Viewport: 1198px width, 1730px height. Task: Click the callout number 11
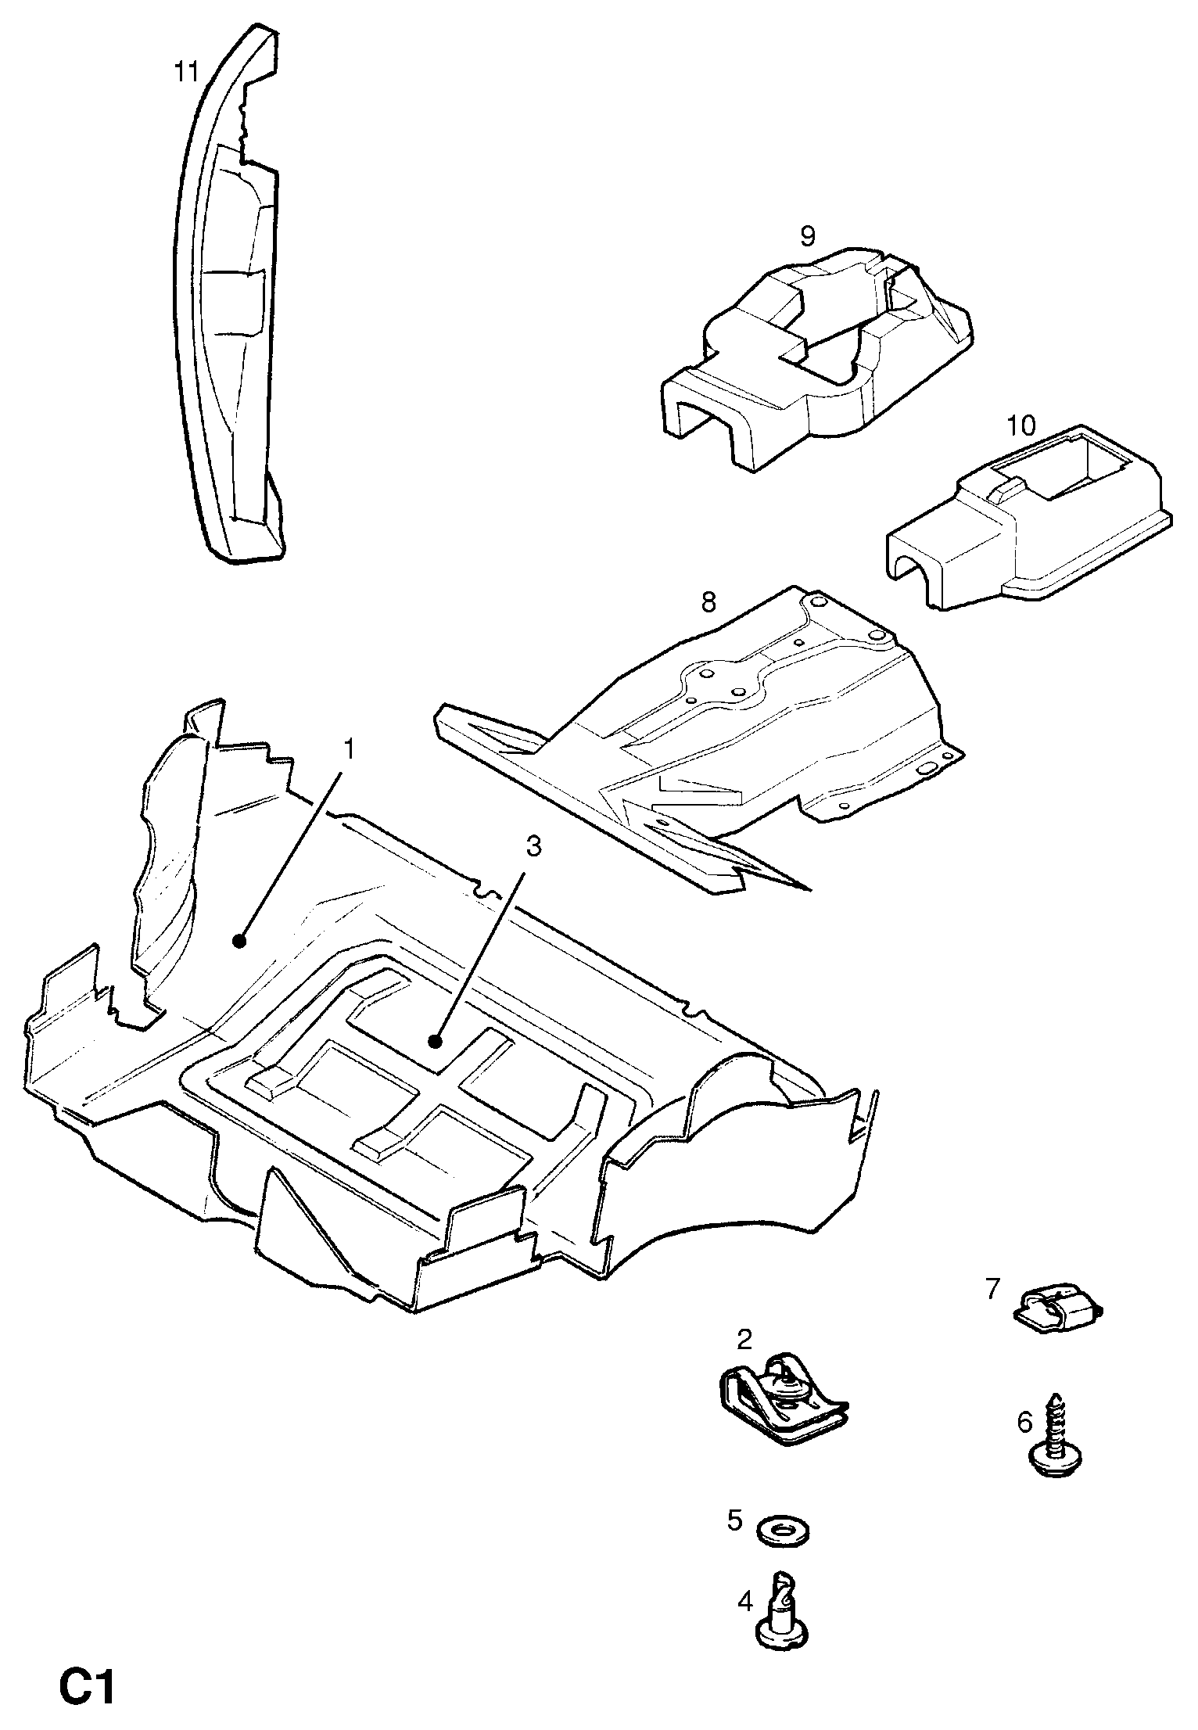coord(186,73)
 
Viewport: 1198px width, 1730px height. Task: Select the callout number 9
coord(808,235)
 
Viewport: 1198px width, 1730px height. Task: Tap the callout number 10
coord(1020,426)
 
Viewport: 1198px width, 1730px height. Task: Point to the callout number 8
coord(708,602)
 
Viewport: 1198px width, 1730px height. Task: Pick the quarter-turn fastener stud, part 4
coord(783,1610)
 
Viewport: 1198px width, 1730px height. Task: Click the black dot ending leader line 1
coord(240,942)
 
